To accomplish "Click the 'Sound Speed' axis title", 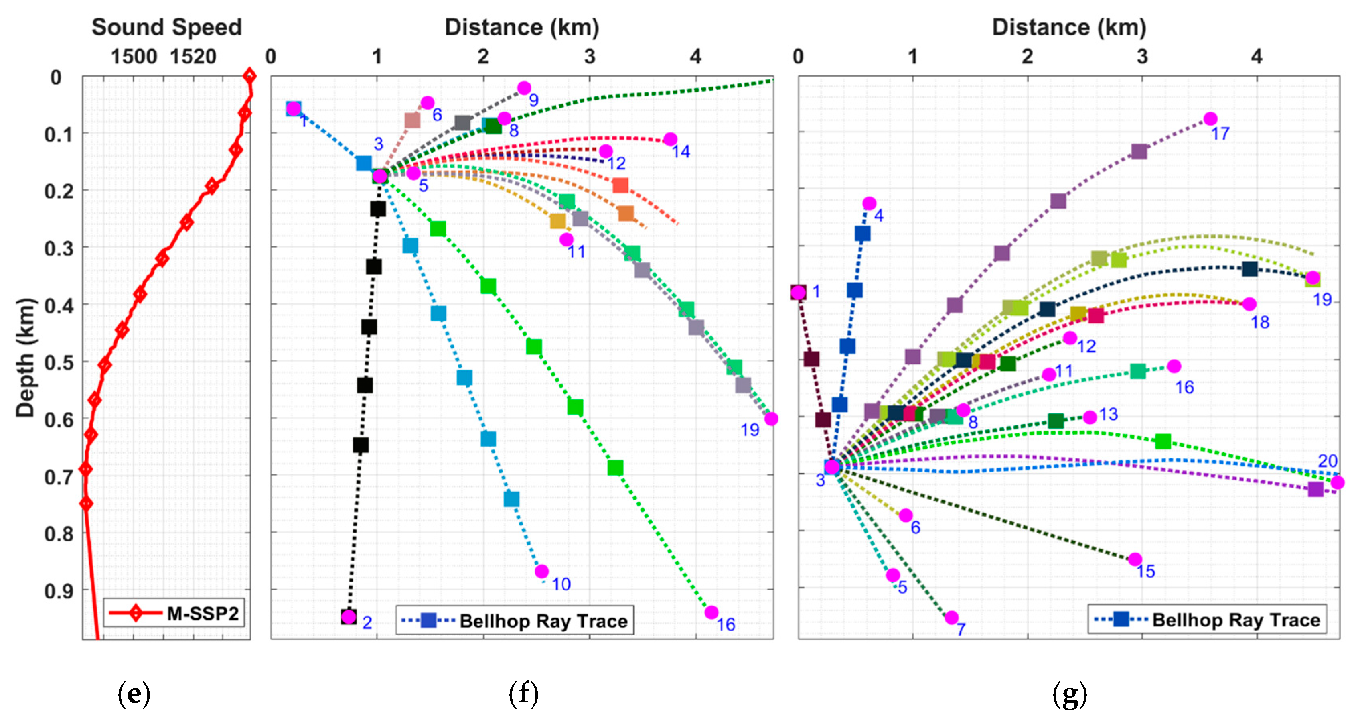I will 166,27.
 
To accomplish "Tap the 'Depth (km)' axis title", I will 25,358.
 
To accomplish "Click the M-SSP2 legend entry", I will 174,614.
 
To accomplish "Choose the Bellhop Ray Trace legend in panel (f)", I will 515,621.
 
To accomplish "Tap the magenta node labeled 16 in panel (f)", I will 711,612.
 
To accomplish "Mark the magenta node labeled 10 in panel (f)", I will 542,572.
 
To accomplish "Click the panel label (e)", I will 134,694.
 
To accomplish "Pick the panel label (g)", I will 1070,694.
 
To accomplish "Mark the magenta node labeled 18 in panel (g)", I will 1249,304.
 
